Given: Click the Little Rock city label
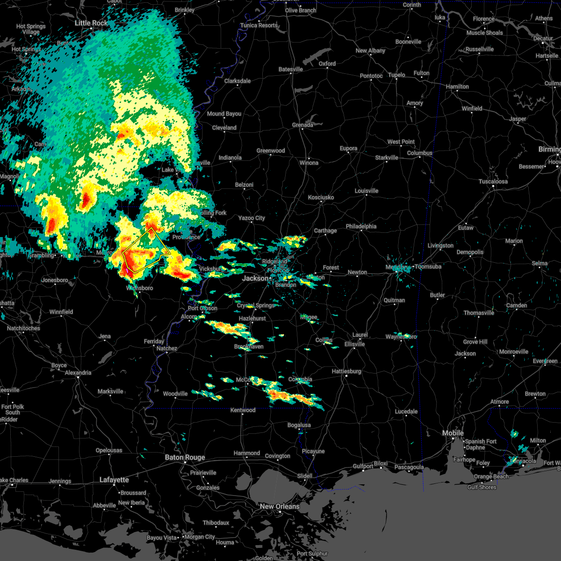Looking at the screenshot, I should (x=91, y=23).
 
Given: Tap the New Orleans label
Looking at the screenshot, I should (x=280, y=506).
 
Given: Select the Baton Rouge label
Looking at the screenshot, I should (x=185, y=458).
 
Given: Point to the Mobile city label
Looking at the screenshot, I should (x=453, y=433).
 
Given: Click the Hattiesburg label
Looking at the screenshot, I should (x=346, y=371).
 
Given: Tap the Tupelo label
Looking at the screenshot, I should (x=396, y=75).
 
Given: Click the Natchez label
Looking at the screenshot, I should (x=167, y=348).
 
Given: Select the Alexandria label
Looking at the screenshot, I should (x=78, y=373).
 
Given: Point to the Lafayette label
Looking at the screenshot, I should (x=114, y=480).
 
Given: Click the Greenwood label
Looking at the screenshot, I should (x=271, y=151).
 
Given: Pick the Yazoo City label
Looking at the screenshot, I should (x=252, y=218).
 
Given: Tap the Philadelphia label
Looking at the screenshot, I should (x=361, y=226).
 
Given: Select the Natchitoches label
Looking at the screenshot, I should (x=23, y=328).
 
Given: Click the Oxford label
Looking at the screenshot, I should (x=327, y=64).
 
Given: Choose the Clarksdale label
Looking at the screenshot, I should (x=237, y=81).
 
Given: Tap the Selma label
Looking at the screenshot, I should (x=539, y=263).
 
